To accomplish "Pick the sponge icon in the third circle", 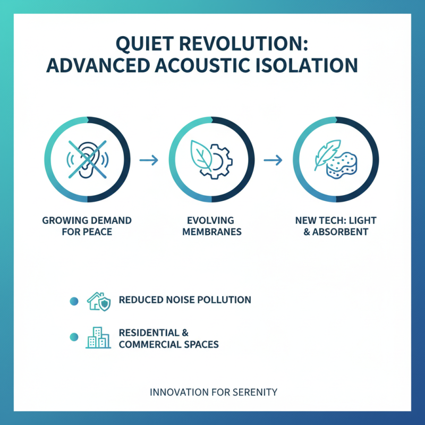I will [x=342, y=165].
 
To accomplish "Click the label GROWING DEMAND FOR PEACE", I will [x=87, y=226].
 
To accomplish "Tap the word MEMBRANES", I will [x=211, y=232].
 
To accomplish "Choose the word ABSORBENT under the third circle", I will [x=344, y=232].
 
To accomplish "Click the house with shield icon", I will [x=98, y=301].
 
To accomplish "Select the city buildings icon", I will [x=98, y=338].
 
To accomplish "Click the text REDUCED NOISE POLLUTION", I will [x=185, y=300].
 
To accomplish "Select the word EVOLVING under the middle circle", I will [x=211, y=220].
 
